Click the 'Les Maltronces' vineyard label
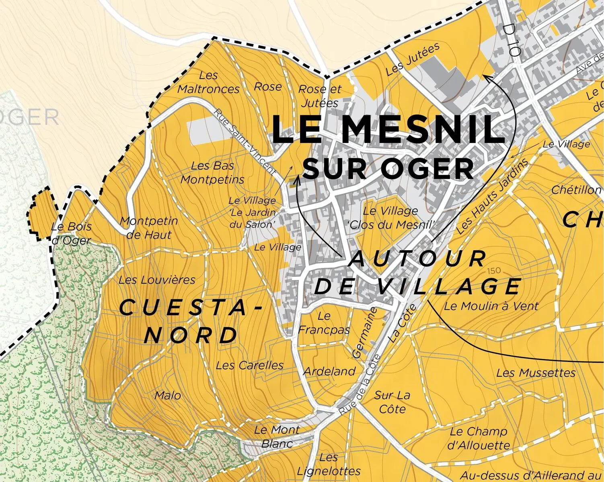[x=208, y=82]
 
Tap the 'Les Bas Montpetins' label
[x=212, y=172]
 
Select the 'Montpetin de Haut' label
[x=149, y=228]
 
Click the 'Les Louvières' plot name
[x=157, y=280]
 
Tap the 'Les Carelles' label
[x=249, y=366]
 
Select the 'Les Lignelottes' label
[x=329, y=464]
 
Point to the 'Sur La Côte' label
[x=392, y=402]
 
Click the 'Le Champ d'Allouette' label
[x=479, y=438]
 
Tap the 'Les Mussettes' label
[x=536, y=373]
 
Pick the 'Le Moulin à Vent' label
[x=491, y=306]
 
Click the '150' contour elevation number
[x=494, y=271]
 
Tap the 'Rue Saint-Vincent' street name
[x=245, y=143]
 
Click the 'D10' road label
[x=512, y=39]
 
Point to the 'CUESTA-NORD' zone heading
[x=191, y=321]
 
